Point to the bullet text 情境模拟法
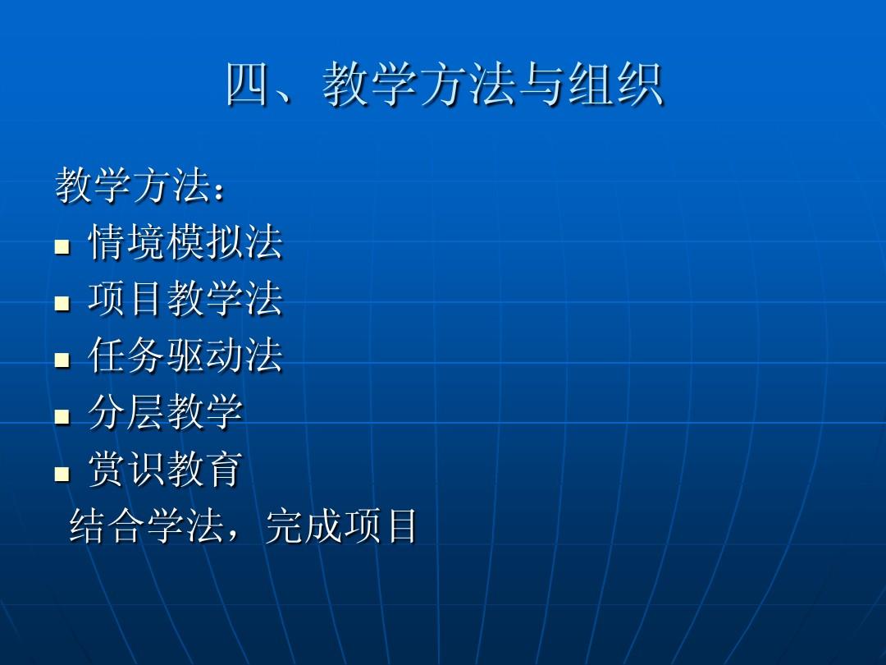coord(185,243)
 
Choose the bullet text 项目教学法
coord(185,300)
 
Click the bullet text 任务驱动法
coord(185,356)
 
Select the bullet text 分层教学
coord(166,413)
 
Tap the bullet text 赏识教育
coord(166,470)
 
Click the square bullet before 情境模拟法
coord(62,246)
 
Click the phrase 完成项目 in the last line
coord(341,526)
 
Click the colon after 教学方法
coord(217,190)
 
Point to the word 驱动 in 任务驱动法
coord(205,356)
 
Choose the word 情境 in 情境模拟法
coord(126,243)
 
